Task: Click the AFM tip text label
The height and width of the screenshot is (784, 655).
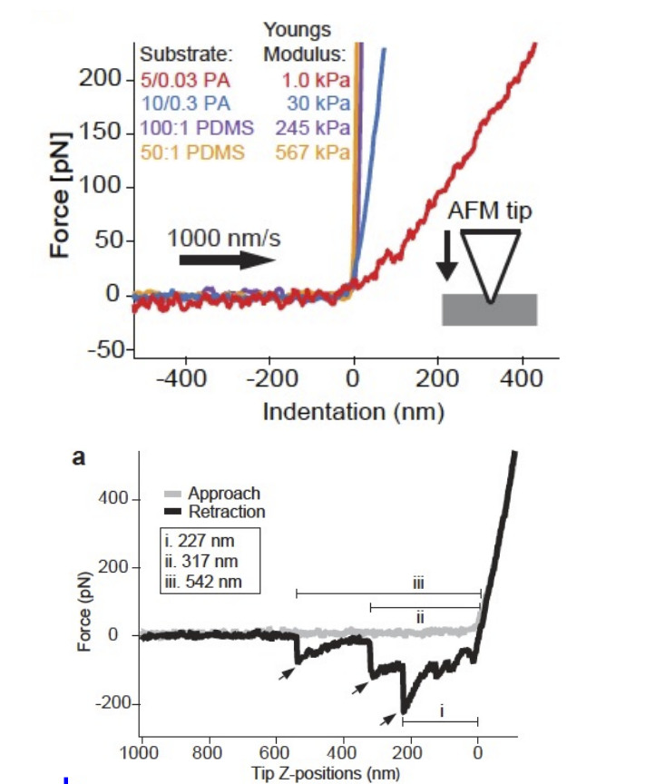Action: [x=489, y=210]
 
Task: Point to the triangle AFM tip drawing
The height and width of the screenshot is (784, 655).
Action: [x=490, y=259]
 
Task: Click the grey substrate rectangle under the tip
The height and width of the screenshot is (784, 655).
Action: [x=489, y=310]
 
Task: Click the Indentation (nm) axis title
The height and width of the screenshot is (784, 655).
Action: [x=353, y=412]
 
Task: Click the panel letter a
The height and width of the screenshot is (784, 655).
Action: [x=79, y=458]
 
